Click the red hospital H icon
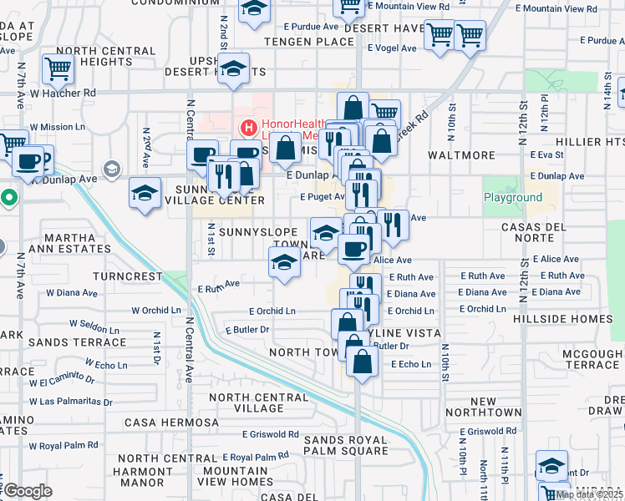[247, 128]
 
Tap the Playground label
[513, 198]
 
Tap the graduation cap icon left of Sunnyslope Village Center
[145, 194]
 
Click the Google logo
[28, 490]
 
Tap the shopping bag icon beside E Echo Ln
[362, 363]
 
